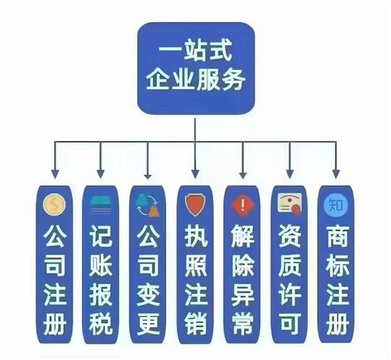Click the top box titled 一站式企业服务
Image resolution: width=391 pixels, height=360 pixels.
point(196,68)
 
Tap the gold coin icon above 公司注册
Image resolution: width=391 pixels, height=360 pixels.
point(54,205)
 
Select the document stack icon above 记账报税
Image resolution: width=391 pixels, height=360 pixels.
point(101,205)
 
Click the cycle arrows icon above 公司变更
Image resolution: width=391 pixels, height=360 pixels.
point(147,205)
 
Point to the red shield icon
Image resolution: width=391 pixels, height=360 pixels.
point(195,205)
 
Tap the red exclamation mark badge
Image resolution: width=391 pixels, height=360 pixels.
point(242,205)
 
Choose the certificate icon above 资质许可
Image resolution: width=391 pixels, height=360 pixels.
point(290,205)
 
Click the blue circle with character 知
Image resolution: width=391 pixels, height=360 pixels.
point(336,205)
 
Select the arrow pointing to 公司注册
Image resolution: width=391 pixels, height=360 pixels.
point(55,160)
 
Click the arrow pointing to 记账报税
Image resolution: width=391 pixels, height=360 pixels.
point(100,160)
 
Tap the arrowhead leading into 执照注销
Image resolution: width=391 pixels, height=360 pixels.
point(195,174)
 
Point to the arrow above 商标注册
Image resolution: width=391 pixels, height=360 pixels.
point(336,160)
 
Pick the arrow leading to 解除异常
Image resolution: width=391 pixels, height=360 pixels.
point(243,160)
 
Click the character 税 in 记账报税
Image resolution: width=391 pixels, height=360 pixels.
point(101,324)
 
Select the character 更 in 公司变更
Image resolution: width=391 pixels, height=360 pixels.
point(148,324)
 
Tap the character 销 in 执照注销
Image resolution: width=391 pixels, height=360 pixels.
point(195,324)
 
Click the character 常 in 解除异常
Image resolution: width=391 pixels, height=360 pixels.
point(243,324)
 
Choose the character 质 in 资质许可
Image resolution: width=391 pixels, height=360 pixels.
point(290,266)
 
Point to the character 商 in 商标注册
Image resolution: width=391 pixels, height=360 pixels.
point(337,236)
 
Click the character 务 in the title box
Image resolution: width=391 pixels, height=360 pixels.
point(233,79)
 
